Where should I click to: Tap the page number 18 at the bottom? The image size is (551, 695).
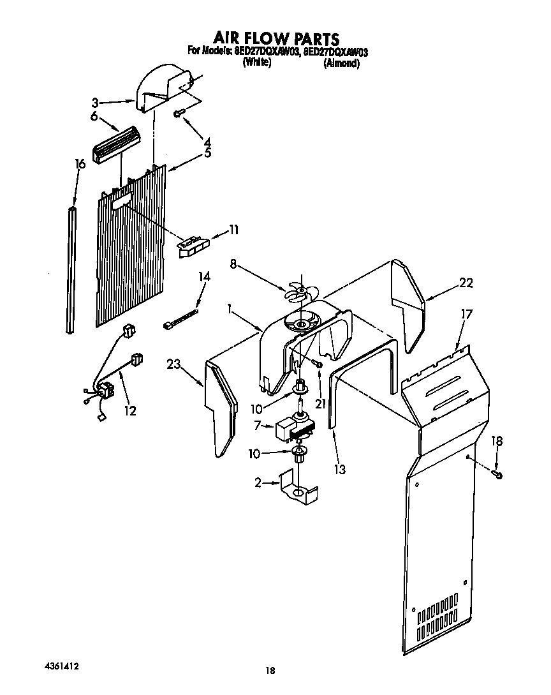pos(270,670)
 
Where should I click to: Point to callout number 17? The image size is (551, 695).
pos(467,314)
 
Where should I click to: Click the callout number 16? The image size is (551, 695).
pos(80,165)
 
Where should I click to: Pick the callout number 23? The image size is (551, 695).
pos(173,364)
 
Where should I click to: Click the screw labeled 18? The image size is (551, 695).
pos(499,474)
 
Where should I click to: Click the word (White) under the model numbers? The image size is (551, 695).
pos(257,63)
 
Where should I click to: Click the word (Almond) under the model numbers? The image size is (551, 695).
pos(341,63)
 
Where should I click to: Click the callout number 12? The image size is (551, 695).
pos(130,410)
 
